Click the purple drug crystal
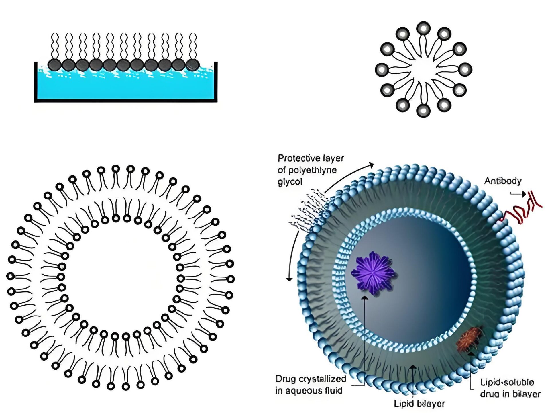click(373, 273)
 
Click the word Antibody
click(503, 181)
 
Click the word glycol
click(290, 182)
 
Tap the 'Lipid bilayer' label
click(419, 404)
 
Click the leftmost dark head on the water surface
click(54, 65)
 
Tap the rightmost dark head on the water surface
click(192, 65)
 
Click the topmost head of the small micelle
click(423, 28)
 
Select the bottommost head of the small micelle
click(423, 110)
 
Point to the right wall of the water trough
click(216, 82)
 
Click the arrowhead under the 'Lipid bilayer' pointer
click(412, 367)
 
